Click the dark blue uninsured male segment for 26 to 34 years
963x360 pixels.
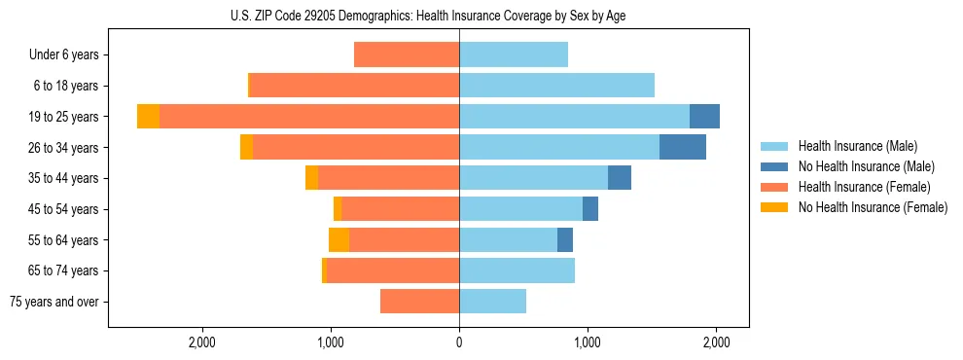[x=682, y=147]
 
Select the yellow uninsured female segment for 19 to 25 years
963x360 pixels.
[x=148, y=117]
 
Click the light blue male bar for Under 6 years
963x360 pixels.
[x=514, y=54]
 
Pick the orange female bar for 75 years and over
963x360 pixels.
[x=419, y=302]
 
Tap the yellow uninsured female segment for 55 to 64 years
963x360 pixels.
[x=339, y=239]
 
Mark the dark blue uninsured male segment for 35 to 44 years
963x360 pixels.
[x=620, y=178]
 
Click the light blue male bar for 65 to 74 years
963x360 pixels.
[x=517, y=270]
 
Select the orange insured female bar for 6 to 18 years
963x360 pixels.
[x=354, y=86]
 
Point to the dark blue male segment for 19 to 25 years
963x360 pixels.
[x=704, y=117]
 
